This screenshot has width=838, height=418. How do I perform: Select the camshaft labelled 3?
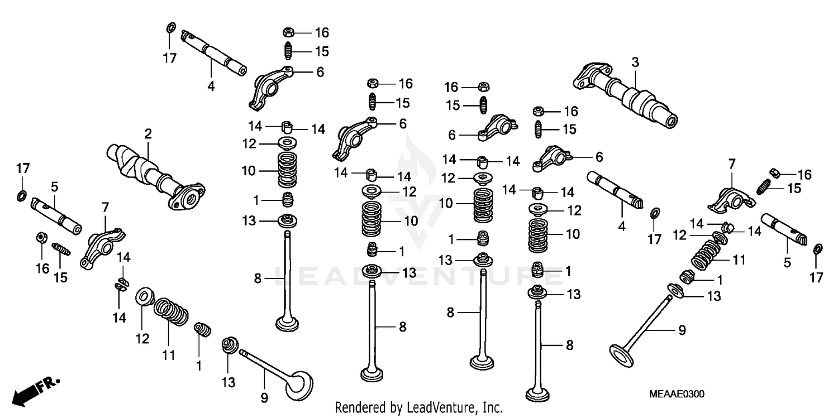coord(626,95)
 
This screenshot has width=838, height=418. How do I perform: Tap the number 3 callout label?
coord(635,62)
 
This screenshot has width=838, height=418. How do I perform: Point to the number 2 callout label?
coord(148,133)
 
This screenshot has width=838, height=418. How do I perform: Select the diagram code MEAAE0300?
coord(677,395)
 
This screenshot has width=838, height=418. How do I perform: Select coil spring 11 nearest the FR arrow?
coord(170,313)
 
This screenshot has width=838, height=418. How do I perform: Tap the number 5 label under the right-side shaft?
coord(787,262)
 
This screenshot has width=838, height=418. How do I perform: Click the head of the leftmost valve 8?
coord(289,323)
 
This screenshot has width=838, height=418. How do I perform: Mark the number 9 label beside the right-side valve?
coord(682,330)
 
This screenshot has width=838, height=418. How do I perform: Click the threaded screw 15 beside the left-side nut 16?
coord(61,248)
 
